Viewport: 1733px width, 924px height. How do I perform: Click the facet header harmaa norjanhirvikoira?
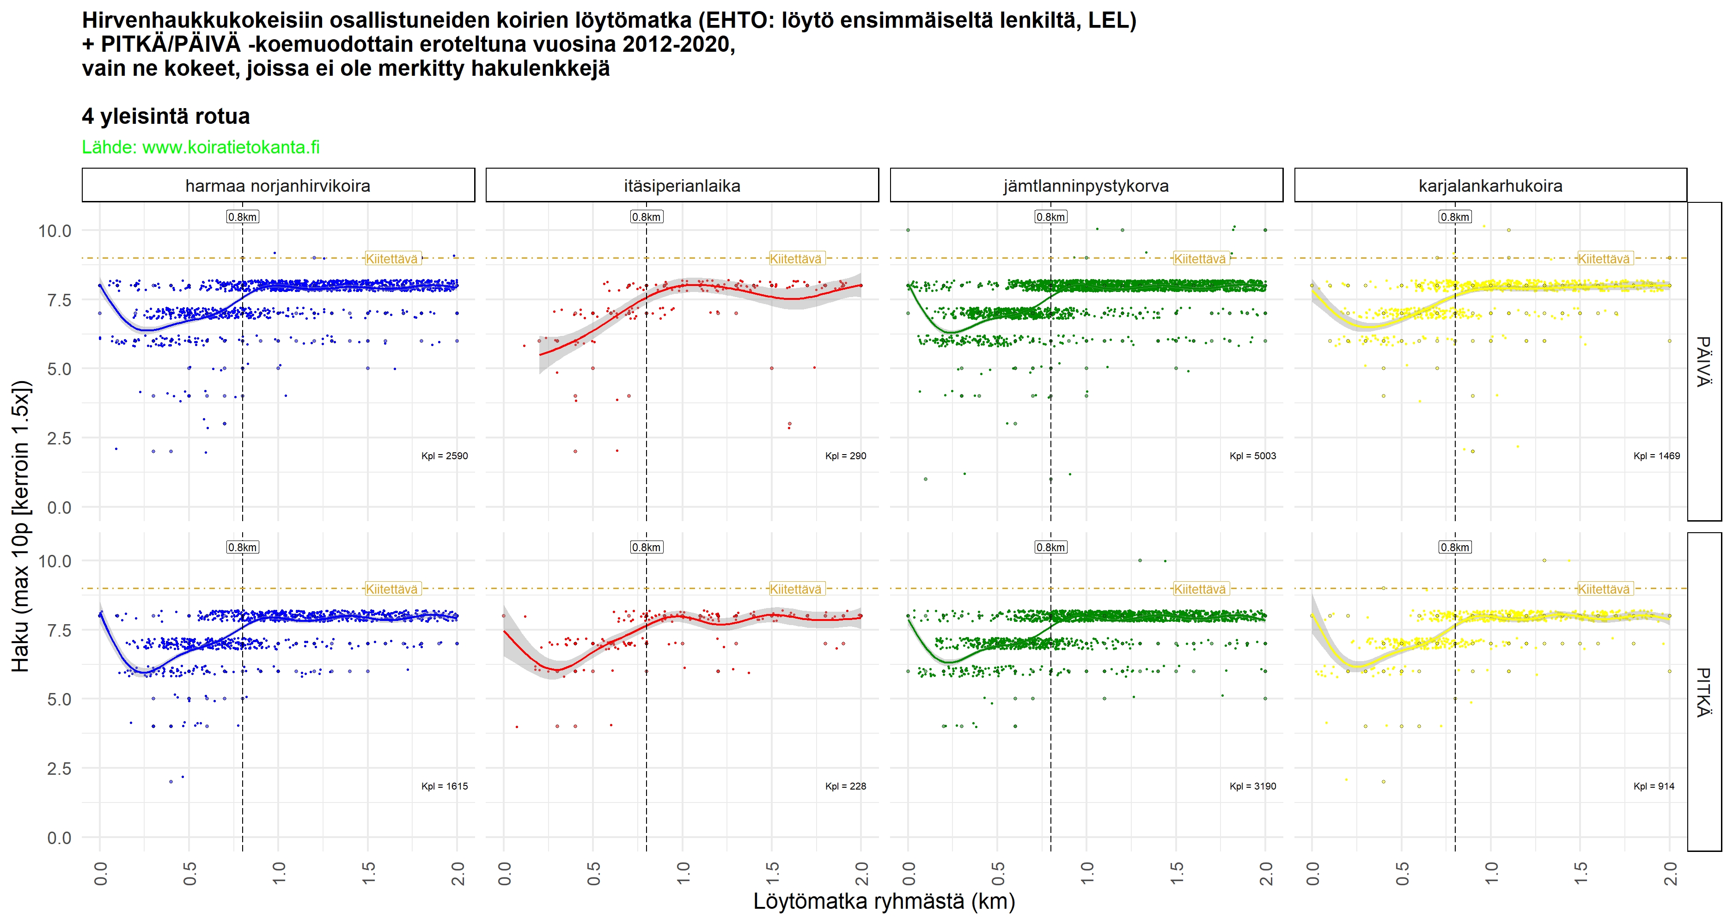(278, 186)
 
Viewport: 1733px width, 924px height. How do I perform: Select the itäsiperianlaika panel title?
(682, 186)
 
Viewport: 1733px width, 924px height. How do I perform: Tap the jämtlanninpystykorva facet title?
(1086, 186)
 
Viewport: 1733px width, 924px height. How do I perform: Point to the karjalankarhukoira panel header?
(1490, 186)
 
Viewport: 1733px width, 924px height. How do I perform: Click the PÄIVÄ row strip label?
(1703, 362)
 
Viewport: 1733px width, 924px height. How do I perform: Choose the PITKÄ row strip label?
(1703, 692)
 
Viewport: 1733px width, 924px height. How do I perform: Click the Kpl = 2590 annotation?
(444, 456)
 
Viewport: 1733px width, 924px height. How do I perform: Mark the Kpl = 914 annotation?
(1654, 786)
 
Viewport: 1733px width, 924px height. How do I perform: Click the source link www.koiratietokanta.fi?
(231, 147)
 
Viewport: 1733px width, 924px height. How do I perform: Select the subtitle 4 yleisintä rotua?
(165, 116)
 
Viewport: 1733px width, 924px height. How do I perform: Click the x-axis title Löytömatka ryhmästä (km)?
(883, 901)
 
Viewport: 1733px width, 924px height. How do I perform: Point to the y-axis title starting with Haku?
(21, 527)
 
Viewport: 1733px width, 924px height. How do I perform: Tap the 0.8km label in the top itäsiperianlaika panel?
(646, 217)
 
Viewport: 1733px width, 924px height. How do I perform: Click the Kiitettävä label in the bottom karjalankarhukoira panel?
(1604, 589)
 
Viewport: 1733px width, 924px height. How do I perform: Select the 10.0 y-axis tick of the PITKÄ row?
(55, 561)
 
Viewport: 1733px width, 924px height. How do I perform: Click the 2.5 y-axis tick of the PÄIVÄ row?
(59, 438)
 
